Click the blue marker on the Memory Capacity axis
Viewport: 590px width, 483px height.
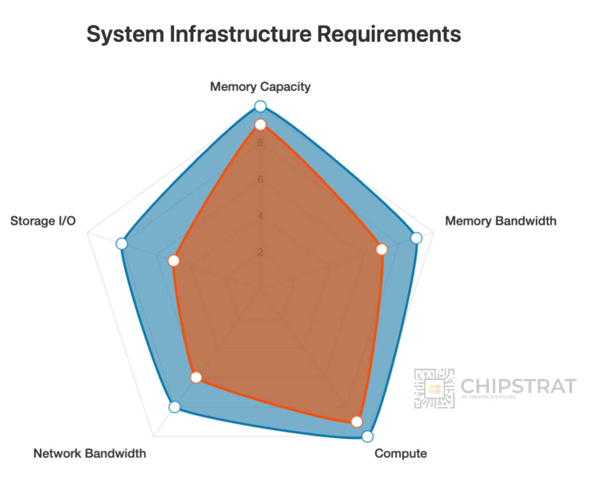point(260,106)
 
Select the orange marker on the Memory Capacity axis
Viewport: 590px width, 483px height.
point(260,125)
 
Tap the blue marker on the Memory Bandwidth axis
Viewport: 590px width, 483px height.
point(416,238)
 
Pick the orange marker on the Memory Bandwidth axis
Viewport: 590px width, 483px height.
point(381,249)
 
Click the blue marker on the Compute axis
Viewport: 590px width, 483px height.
point(367,437)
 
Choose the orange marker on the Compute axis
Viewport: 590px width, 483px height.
point(357,422)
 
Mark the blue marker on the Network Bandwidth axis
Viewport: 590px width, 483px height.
point(174,407)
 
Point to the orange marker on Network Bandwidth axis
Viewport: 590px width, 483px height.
point(196,377)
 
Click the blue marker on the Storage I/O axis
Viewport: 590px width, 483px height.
point(122,244)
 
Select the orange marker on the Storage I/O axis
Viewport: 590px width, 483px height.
point(173,260)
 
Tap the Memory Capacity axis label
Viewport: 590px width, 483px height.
point(260,87)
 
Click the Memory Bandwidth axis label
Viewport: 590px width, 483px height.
point(501,221)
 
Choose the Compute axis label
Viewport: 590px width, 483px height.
point(401,453)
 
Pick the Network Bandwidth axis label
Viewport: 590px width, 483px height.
point(90,453)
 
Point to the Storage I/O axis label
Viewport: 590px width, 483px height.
point(43,221)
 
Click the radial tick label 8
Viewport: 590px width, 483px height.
point(260,143)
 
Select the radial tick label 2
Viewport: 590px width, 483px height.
point(260,252)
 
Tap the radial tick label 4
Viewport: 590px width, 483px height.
point(260,216)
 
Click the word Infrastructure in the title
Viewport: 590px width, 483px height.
point(240,34)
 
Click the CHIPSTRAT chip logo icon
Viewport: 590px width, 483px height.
point(434,389)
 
